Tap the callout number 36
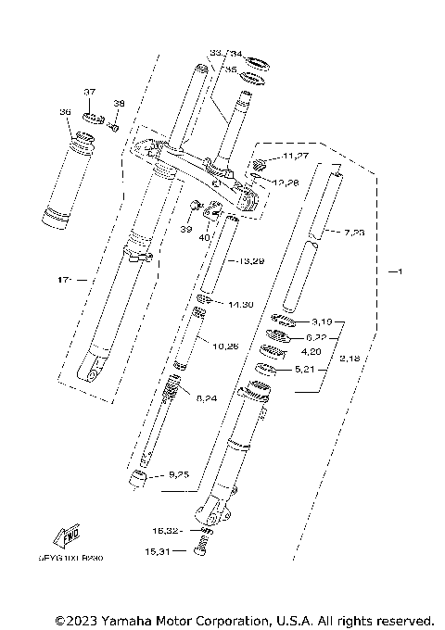pos(65,112)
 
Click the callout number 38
pos(118,103)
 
